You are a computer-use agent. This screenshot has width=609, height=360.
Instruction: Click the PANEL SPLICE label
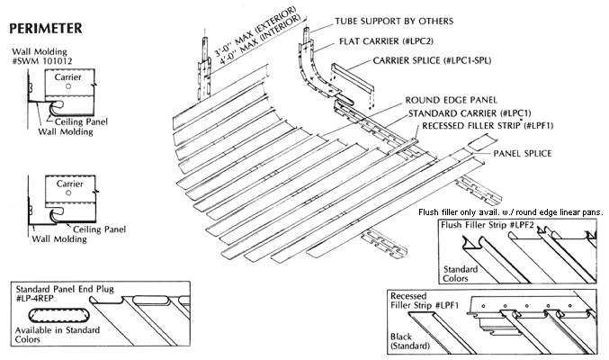click(525, 154)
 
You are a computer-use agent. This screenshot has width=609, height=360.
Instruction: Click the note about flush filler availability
click(510, 211)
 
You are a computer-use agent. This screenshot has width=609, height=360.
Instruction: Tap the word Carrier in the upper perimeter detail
click(69, 78)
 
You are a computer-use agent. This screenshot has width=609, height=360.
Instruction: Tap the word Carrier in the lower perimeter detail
click(69, 183)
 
